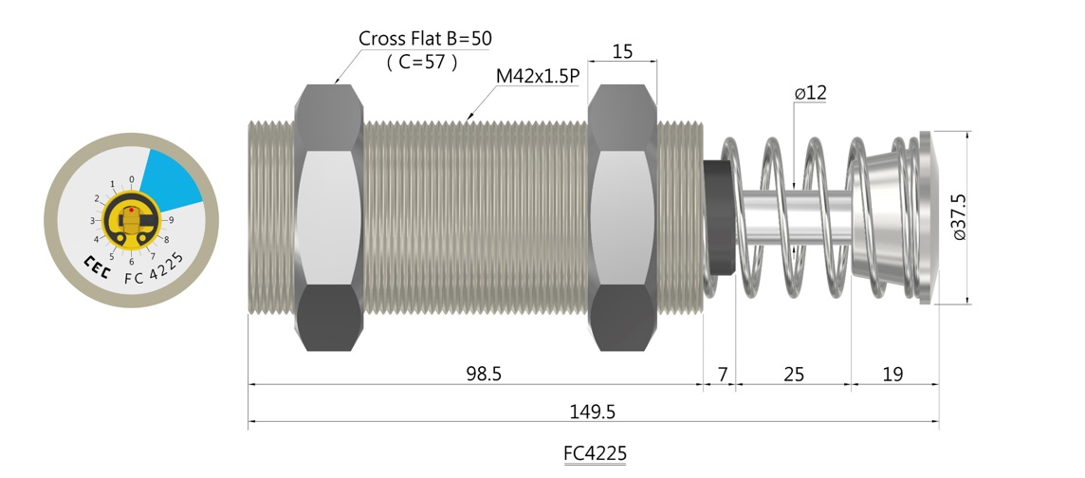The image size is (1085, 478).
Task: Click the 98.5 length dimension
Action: coord(483,375)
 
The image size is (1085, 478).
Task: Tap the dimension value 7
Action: coord(722,375)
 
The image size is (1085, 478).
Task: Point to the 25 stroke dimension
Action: coord(794,375)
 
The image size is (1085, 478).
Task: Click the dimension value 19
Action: coord(892,375)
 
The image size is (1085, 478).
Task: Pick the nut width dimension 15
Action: coord(622,51)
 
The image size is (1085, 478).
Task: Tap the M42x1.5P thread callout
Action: coord(538,76)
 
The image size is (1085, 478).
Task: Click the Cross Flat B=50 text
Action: coord(426,39)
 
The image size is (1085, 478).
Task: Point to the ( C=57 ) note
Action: coord(423,63)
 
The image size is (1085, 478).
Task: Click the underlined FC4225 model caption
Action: coord(595,452)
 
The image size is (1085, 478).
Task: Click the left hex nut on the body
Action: coord(330,218)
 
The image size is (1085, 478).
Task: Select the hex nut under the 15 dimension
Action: coord(622,218)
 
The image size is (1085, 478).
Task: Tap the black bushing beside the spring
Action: coord(719,218)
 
